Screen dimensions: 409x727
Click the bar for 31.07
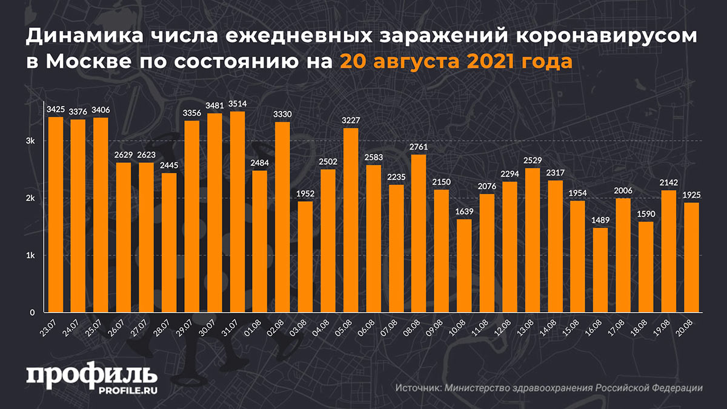pos(237,212)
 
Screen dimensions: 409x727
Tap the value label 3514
pos(237,104)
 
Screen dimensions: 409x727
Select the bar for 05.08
pos(351,221)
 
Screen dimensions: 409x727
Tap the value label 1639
pos(464,212)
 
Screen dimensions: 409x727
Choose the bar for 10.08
pos(464,266)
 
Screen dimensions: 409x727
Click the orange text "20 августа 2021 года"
pos(456,61)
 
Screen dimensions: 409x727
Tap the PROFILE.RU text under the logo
pos(124,391)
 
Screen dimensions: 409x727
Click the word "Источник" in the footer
pos(419,388)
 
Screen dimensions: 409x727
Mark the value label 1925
pos(691,195)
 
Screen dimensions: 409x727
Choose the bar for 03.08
pos(305,257)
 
